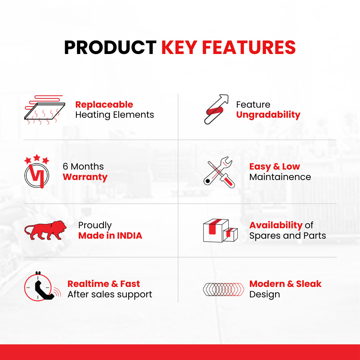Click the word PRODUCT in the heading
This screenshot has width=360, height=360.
pyautogui.click(x=110, y=48)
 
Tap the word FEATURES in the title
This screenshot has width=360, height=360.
pyautogui.click(x=249, y=48)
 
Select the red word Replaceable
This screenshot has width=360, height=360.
pyautogui.click(x=104, y=105)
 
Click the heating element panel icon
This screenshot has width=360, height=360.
pyautogui.click(x=45, y=110)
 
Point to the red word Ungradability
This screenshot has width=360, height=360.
pyautogui.click(x=268, y=115)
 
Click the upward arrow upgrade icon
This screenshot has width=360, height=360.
pyautogui.click(x=216, y=109)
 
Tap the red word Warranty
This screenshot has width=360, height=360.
pyautogui.click(x=85, y=177)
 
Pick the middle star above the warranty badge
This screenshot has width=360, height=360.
pyautogui.click(x=37, y=158)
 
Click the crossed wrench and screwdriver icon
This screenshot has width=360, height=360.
pyautogui.click(x=219, y=172)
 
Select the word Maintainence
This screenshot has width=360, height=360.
pyautogui.click(x=280, y=177)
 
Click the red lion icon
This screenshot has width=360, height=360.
pyautogui.click(x=45, y=230)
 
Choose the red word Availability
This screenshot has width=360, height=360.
pyautogui.click(x=276, y=225)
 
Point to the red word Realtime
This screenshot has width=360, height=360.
pyautogui.click(x=88, y=284)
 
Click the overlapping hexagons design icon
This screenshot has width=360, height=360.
pyautogui.click(x=224, y=289)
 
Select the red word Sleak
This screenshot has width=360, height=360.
pyautogui.click(x=309, y=284)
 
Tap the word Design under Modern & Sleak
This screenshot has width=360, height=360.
pyautogui.click(x=265, y=294)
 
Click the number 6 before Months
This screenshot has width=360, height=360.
pyautogui.click(x=66, y=166)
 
